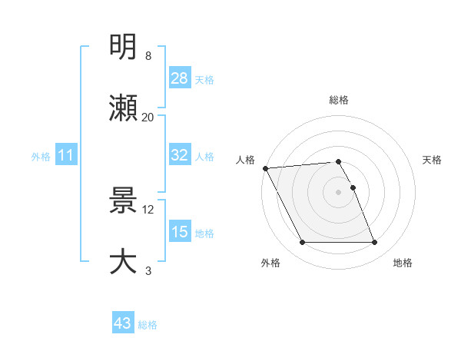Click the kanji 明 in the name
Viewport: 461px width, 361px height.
(124, 48)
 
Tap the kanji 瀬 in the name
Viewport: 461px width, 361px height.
(124, 108)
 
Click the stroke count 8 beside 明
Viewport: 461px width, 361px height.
(148, 56)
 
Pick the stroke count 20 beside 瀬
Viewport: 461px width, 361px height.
(148, 118)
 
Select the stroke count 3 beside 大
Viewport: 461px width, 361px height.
(148, 270)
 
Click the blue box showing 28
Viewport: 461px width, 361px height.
(180, 78)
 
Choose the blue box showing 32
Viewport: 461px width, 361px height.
(180, 156)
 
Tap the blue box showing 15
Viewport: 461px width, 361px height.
(180, 232)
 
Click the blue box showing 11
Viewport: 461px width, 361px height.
(66, 156)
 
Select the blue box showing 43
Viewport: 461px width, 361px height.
(123, 324)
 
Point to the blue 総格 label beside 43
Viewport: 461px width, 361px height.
(148, 325)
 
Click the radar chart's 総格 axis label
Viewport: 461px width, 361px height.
(339, 100)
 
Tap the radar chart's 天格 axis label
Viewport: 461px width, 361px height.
(433, 160)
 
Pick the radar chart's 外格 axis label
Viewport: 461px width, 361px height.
(270, 263)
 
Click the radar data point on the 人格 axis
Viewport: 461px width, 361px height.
(265, 168)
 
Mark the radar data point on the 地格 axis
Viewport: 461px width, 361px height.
(374, 243)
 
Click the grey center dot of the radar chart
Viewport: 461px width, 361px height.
(339, 191)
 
